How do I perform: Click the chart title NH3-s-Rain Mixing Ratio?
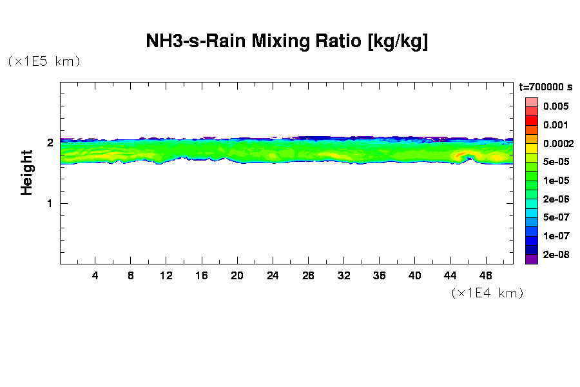pyautogui.click(x=287, y=42)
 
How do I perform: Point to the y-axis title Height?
pyautogui.click(x=26, y=172)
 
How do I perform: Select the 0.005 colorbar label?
pyautogui.click(x=556, y=106)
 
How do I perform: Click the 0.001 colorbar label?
pyautogui.click(x=556, y=125)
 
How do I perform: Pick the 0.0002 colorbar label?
pyautogui.click(x=556, y=144)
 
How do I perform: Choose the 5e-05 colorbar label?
pyautogui.click(x=556, y=162)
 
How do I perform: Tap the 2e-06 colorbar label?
pyautogui.click(x=556, y=199)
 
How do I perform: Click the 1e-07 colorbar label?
pyautogui.click(x=556, y=236)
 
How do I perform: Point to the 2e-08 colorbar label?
pyautogui.click(x=556, y=255)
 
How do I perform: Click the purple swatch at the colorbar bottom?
pyautogui.click(x=531, y=259)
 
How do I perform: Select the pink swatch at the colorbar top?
pyautogui.click(x=531, y=102)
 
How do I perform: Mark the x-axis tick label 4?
pyautogui.click(x=95, y=275)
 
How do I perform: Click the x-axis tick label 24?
pyautogui.click(x=273, y=275)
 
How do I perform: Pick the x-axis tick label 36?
pyautogui.click(x=379, y=275)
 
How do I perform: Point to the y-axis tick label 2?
pyautogui.click(x=50, y=143)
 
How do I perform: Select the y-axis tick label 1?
pyautogui.click(x=50, y=203)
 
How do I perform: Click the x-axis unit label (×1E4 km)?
pyautogui.click(x=487, y=293)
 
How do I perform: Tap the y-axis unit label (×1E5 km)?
pyautogui.click(x=44, y=62)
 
